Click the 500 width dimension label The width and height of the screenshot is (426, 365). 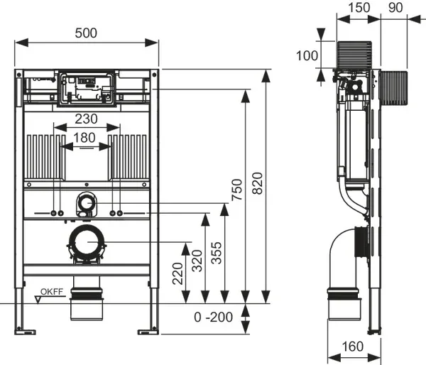pos(86,33)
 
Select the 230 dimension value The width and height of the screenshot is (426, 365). pos(86,119)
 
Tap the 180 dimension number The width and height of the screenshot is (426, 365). pos(84,138)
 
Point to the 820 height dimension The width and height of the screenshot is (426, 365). pos(258,183)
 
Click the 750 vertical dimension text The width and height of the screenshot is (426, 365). pos(237,190)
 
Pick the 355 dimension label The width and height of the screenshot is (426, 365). pos(217,253)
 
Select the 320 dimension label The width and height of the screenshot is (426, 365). pos(197,261)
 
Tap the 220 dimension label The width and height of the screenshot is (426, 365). pos(178,273)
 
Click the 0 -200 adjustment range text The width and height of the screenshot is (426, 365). pos(213,317)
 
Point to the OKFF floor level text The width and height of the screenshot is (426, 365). pos(52,292)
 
